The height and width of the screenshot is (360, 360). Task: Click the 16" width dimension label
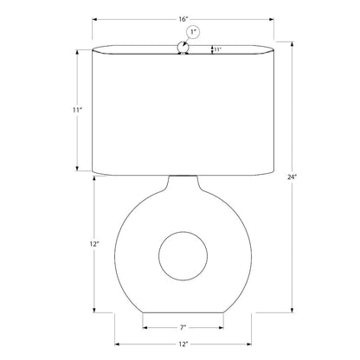point(183,19)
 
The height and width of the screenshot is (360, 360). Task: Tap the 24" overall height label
point(292,177)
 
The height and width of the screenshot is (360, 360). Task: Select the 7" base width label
point(183,327)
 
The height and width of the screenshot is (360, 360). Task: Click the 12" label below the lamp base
point(183,344)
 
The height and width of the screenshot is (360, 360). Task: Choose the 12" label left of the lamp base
point(94,244)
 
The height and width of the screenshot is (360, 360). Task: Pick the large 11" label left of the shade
point(77,110)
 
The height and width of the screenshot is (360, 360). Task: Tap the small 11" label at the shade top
point(217,49)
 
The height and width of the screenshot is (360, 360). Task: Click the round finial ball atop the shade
point(183,47)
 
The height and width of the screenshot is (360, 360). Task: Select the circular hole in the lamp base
point(183,231)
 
